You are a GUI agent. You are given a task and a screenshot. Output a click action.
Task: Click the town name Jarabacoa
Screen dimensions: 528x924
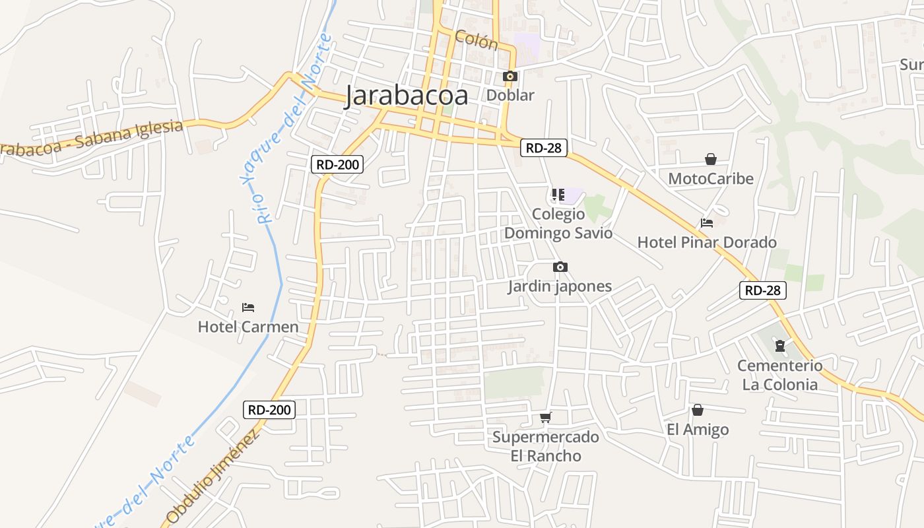pos(407,96)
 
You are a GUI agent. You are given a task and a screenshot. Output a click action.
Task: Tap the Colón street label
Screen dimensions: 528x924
pos(476,40)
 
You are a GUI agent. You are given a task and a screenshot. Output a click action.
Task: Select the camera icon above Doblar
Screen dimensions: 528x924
pos(510,77)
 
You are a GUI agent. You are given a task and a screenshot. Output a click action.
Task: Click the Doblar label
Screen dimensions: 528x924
pos(510,95)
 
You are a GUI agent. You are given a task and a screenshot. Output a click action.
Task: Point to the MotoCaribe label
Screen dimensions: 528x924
pos(710,178)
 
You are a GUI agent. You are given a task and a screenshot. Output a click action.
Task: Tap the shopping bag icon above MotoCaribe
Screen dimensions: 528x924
pos(710,159)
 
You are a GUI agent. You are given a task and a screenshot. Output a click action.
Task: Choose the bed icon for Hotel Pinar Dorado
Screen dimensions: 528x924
pos(707,223)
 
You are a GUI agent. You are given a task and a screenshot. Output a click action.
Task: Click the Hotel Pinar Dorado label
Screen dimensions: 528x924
pos(706,242)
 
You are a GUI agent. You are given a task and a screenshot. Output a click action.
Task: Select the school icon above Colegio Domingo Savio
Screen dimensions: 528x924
pos(558,195)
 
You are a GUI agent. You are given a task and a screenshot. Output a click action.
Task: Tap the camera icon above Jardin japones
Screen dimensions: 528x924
pos(560,267)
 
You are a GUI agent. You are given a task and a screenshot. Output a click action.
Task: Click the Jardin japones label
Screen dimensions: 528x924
pos(560,286)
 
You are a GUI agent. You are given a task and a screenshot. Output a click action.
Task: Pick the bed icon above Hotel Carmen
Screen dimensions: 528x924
pos(248,308)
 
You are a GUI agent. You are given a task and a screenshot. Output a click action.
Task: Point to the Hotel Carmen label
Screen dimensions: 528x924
pos(248,327)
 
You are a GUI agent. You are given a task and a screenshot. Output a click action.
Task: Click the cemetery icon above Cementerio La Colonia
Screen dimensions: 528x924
pos(779,346)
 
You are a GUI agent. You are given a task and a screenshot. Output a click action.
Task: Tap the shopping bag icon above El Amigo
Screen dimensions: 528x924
pos(697,411)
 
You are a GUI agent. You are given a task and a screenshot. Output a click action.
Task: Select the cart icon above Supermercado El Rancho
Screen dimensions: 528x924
pos(545,417)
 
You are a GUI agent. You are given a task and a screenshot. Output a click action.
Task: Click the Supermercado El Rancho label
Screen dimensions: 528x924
pos(546,446)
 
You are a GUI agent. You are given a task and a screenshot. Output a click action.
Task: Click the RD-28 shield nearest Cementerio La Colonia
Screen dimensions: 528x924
pos(762,290)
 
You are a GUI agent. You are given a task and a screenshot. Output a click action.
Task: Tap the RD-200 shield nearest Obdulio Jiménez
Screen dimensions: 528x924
pos(269,409)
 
